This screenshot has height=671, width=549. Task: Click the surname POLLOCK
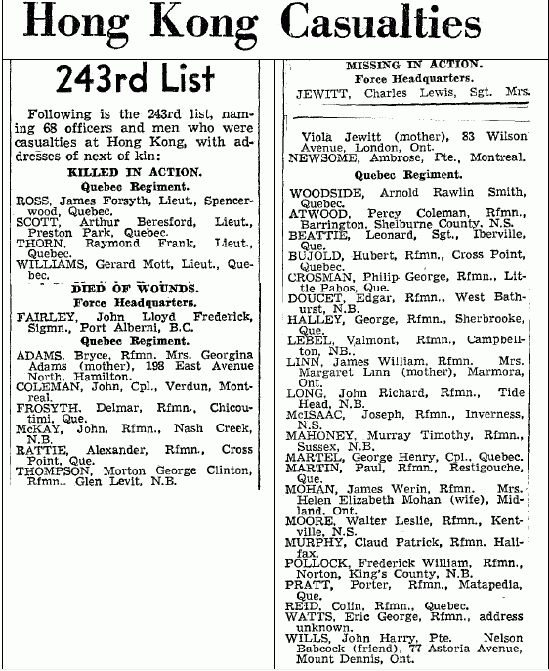point(318,563)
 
